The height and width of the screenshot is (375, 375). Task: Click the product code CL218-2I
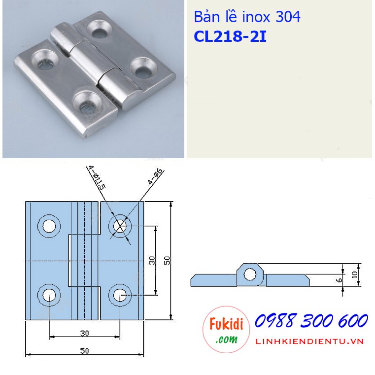(x=230, y=36)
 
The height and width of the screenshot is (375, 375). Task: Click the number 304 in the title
(x=288, y=17)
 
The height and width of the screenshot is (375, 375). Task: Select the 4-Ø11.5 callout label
(x=97, y=178)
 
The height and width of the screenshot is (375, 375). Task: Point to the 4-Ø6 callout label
(x=155, y=176)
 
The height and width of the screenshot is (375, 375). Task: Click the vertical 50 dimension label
(x=167, y=260)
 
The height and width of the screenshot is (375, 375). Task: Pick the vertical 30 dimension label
(x=152, y=260)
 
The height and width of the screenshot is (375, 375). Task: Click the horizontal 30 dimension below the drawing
(x=84, y=333)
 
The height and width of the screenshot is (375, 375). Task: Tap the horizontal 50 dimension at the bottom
(x=84, y=350)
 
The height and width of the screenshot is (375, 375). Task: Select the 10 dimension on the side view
(x=355, y=274)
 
